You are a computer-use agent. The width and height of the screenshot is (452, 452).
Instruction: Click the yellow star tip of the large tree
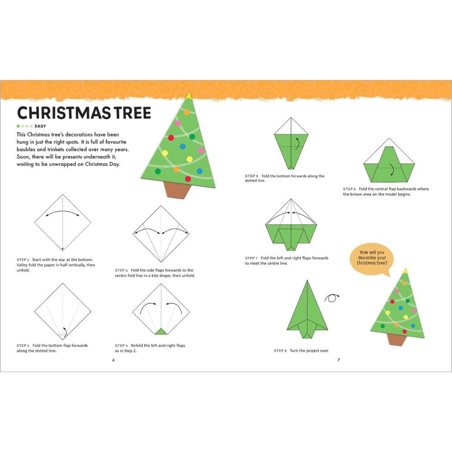pos(188,95)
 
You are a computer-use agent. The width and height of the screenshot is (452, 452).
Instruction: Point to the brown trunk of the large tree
pos(178,190)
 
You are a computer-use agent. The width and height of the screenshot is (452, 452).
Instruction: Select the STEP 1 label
pos(23,260)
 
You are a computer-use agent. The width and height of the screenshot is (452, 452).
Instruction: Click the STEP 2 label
pos(121,270)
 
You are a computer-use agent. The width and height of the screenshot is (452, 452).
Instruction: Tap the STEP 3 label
pos(23,345)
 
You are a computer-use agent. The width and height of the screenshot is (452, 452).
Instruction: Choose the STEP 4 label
pos(121,345)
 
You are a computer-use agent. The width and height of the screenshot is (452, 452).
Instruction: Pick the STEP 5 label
pos(251,176)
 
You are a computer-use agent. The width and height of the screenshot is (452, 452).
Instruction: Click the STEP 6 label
pos(349,189)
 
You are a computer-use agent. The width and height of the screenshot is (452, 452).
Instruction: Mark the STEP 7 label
pos(251,258)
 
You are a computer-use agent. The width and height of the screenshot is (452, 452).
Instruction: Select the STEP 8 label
pos(280,351)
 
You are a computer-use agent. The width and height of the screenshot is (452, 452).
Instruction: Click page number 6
pos(113,360)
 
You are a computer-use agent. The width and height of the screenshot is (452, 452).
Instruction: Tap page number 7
pos(338,360)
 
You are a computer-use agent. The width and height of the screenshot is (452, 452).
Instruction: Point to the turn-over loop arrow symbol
pos(332,297)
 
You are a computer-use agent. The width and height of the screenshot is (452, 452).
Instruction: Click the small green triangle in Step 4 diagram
pos(160,332)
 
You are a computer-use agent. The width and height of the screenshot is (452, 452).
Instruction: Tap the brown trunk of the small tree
pos(396,339)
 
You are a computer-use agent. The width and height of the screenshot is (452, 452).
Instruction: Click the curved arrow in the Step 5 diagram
pos(297,143)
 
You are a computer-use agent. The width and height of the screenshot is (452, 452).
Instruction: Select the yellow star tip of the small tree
pos(405,270)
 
